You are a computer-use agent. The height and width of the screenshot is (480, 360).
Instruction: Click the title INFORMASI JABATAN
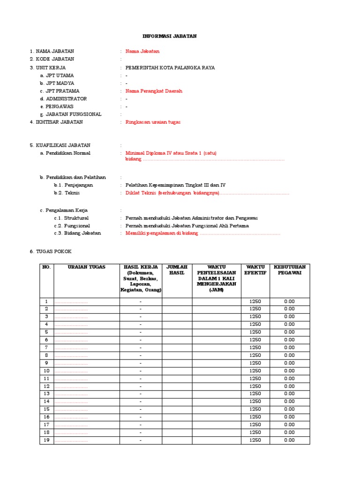tap(170, 36)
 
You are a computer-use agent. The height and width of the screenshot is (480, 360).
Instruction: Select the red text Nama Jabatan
tap(142, 51)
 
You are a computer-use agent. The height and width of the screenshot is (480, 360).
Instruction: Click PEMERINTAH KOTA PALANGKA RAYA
tap(170, 67)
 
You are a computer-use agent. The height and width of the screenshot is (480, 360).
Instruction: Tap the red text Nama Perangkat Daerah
tap(154, 91)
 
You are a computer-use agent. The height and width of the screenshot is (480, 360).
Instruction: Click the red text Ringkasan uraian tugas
tap(153, 122)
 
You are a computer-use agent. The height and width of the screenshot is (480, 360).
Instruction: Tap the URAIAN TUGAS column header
tap(87, 267)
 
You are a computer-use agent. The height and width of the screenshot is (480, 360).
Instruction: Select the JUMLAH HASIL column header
tap(177, 270)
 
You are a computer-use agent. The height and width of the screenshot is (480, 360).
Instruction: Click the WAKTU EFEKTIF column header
tap(255, 270)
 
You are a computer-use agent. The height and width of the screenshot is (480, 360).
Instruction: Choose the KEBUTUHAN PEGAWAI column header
tap(289, 270)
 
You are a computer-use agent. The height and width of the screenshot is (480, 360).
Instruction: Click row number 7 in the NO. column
tap(46, 347)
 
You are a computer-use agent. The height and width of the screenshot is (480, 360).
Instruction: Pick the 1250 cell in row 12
tap(255, 386)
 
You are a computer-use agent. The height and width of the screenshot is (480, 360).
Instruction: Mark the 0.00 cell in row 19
tap(289, 440)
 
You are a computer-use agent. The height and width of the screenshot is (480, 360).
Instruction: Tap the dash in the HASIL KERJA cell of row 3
tap(141, 316)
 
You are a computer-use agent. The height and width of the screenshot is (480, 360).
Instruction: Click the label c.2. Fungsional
tap(71, 225)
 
